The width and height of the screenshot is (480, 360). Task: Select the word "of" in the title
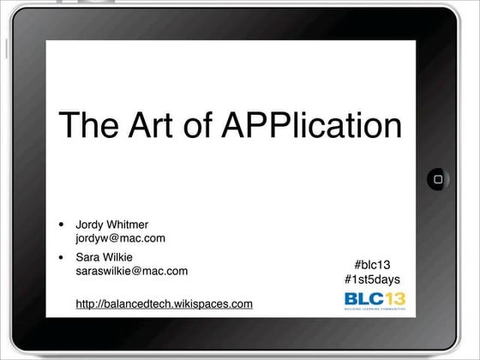[198, 125]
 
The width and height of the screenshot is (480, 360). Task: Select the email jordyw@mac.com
[120, 238]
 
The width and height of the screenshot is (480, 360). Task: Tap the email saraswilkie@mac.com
[132, 271]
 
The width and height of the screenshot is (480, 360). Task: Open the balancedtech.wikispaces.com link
[164, 303]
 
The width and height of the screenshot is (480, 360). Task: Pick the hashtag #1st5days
[372, 279]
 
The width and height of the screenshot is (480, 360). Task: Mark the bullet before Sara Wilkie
[61, 257]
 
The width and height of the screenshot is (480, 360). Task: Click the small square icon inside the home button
[438, 180]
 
